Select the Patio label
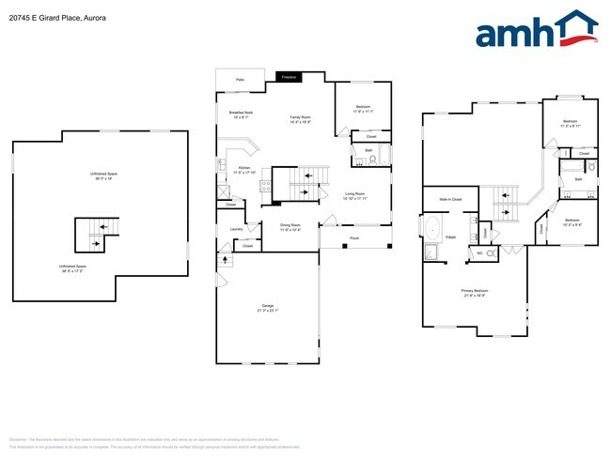(241, 81)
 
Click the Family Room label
(301, 116)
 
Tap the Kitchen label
(243, 168)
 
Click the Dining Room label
(290, 225)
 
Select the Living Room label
(362, 168)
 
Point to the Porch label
(354, 238)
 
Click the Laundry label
(236, 228)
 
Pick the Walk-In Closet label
(449, 199)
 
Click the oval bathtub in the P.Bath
(434, 230)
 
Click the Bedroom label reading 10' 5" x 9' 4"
(572, 222)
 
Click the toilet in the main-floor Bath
(374, 160)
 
